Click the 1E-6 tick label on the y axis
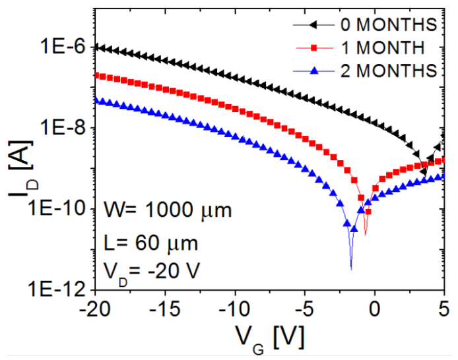pos(61,47)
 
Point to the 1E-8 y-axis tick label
pos(61,128)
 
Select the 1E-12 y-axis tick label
pos(55,289)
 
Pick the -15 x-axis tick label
pos(166,307)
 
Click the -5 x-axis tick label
pos(305,307)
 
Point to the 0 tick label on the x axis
pos(375,307)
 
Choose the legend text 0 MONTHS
pos(388,24)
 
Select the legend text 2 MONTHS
pos(388,69)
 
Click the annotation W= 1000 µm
pos(168,212)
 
